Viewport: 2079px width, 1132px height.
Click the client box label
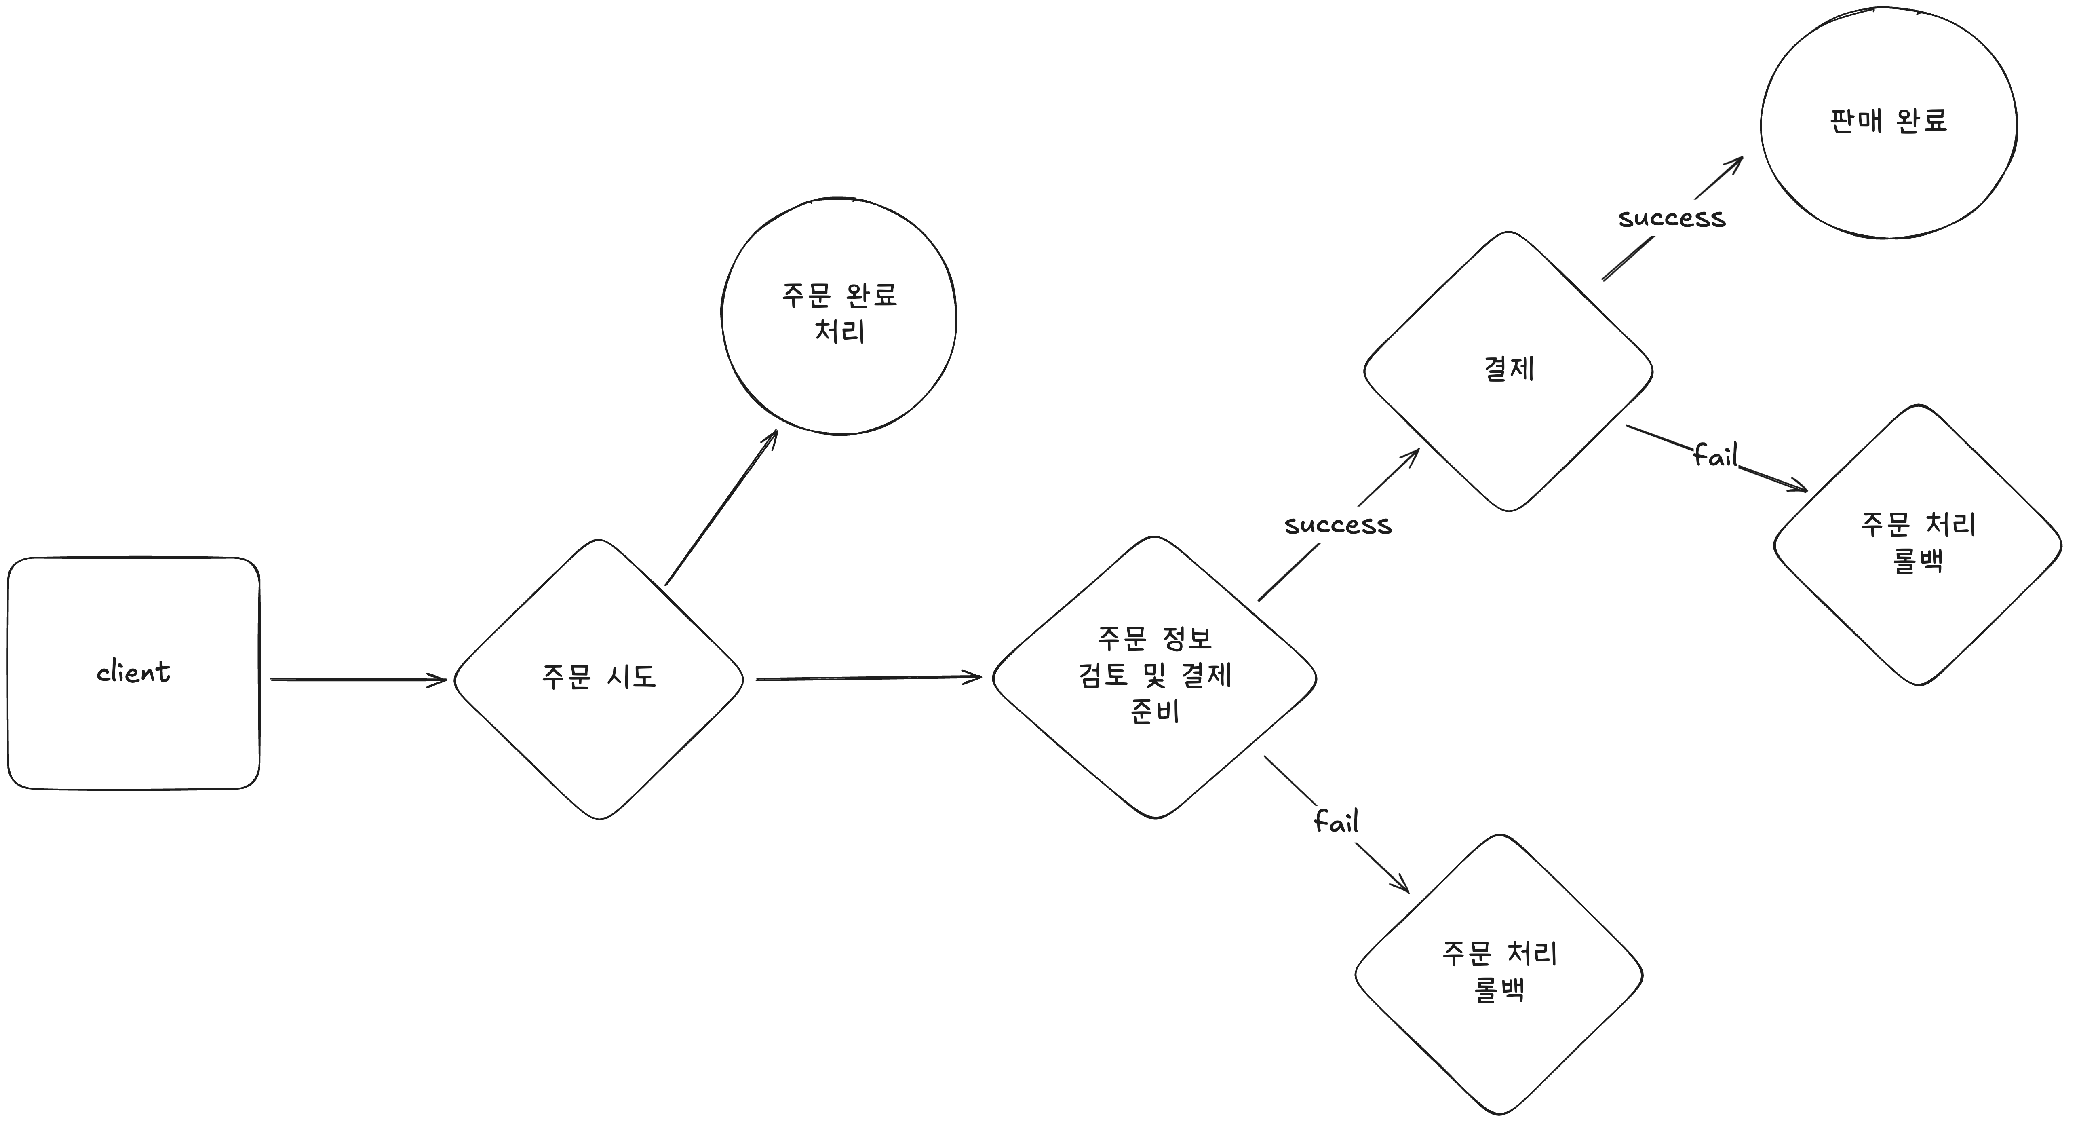coord(133,672)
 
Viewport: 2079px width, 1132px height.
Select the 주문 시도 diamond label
coord(599,677)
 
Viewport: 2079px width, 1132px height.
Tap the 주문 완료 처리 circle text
coord(839,313)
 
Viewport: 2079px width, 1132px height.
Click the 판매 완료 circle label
coord(1889,121)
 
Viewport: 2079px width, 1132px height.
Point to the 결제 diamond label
coord(1508,369)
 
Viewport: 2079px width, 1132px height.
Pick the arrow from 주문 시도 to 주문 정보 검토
coord(868,678)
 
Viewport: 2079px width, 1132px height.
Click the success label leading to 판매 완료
coord(1672,218)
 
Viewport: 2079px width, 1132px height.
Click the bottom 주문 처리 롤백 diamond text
coord(1499,971)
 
